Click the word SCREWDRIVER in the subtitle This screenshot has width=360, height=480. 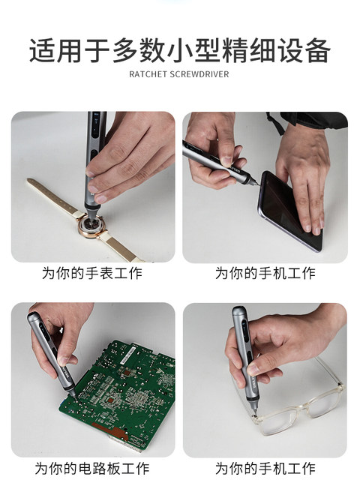point(199,75)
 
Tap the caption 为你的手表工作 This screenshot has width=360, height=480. point(91,273)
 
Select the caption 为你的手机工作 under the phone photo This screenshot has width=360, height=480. point(265,273)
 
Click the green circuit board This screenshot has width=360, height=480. point(120,390)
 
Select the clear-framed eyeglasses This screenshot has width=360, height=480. point(300,409)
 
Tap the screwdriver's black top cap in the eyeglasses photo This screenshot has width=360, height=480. point(238,310)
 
